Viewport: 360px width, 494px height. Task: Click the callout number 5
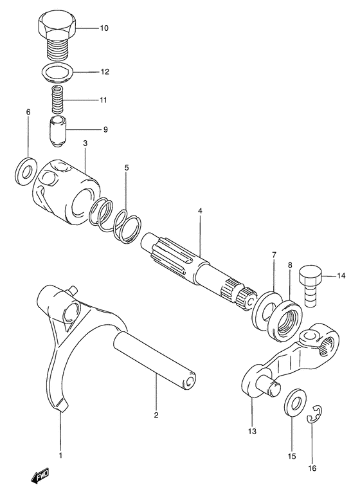click(x=127, y=168)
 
